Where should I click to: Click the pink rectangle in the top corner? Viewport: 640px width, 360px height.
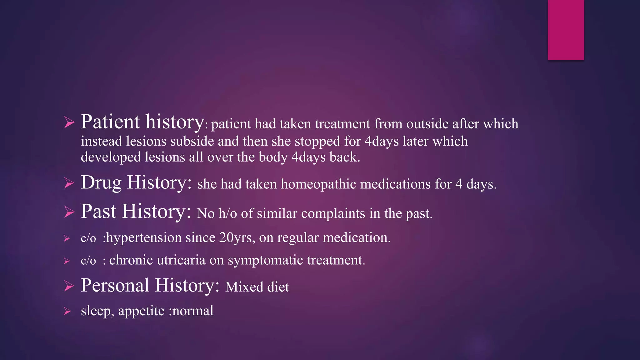point(566,30)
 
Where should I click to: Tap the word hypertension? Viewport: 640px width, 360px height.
point(144,238)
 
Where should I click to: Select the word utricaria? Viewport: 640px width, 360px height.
point(181,260)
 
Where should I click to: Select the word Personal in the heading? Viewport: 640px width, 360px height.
point(115,285)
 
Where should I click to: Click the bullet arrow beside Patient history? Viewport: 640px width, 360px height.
point(69,122)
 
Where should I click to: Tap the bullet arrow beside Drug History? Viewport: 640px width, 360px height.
point(69,183)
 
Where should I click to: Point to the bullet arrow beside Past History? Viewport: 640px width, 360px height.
point(69,212)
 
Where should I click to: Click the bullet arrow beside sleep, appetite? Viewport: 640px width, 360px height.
point(67,311)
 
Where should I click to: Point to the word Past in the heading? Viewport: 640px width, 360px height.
point(98,211)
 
